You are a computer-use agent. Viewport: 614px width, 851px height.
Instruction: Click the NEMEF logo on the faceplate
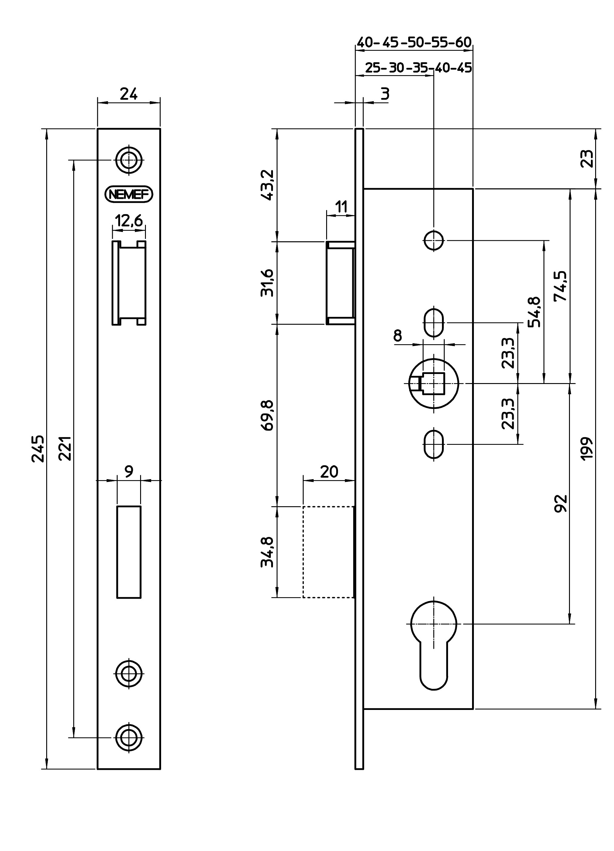pos(129,194)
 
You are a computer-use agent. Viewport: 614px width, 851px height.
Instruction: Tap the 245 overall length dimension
pos(38,448)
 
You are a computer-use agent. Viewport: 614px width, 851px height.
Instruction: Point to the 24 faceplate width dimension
pos(129,94)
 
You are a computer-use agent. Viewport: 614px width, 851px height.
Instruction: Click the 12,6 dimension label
pos(129,221)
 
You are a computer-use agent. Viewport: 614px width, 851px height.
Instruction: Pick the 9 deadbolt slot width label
pos(129,472)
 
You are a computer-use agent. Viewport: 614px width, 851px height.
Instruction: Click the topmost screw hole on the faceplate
pos(129,160)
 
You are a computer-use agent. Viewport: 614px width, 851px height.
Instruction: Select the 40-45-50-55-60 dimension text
pos(414,42)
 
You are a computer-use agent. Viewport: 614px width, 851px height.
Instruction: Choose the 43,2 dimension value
pos(268,185)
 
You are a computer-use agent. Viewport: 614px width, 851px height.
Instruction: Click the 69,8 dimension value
pos(268,415)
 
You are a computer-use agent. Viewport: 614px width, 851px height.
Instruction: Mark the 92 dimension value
pos(561,503)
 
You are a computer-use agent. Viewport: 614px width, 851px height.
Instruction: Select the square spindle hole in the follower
pos(433,383)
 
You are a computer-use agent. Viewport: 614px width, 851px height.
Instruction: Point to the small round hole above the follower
pos(433,240)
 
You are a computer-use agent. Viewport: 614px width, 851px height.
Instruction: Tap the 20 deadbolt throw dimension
pos(329,472)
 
